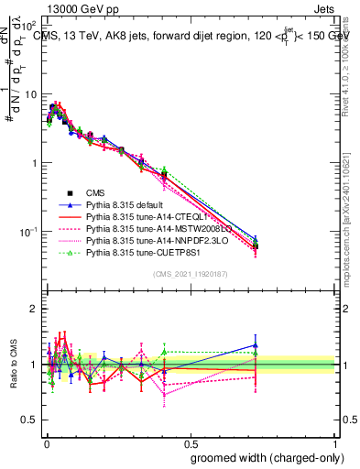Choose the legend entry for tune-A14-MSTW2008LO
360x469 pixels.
coord(147,229)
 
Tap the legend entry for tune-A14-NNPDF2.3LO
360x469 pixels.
coord(147,241)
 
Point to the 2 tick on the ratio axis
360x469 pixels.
coord(33,309)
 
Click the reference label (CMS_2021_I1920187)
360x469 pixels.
coord(191,274)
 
